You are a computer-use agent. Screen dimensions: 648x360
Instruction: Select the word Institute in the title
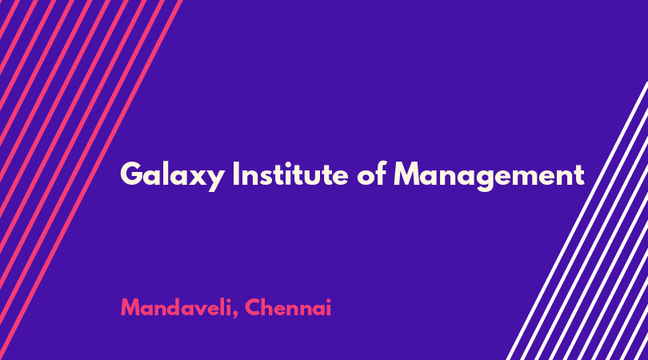coord(290,174)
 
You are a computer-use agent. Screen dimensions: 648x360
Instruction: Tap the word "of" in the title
coord(371,174)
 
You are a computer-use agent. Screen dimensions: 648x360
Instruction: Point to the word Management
coord(489,176)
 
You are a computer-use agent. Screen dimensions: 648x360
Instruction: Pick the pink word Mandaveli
coord(177,307)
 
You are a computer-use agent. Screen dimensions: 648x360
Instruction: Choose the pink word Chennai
coord(288,307)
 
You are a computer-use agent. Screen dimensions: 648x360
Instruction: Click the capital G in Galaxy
coord(131,174)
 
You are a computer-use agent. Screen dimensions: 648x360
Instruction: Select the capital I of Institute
coord(236,174)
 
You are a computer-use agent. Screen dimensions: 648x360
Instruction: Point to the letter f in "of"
coord(381,174)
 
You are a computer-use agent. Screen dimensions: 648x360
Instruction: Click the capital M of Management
coord(406,174)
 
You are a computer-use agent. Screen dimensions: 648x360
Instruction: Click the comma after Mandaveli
coord(235,315)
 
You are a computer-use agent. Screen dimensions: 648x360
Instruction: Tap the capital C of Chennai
coord(253,307)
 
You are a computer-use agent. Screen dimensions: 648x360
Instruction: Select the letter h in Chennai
coord(268,306)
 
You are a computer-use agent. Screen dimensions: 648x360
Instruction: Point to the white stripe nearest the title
coord(577,221)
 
